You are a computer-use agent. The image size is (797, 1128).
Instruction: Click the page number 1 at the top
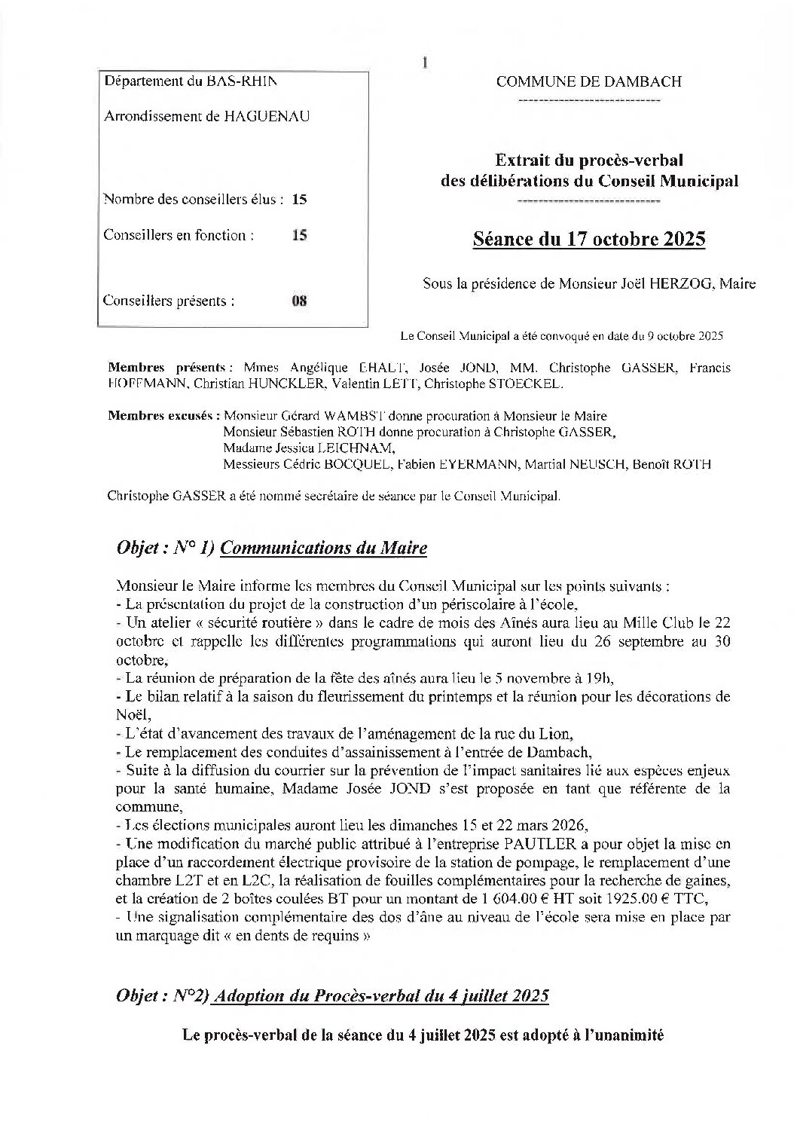(x=425, y=63)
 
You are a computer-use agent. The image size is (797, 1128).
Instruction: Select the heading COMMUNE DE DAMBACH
(x=588, y=81)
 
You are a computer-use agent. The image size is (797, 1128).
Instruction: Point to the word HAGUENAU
(x=267, y=116)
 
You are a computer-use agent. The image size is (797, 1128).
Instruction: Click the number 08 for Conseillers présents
(x=299, y=301)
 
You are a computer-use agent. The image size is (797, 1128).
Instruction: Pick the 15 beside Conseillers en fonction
(x=299, y=235)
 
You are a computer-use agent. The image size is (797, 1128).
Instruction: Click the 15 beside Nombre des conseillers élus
(x=299, y=200)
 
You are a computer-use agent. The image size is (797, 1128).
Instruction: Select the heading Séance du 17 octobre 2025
(x=588, y=240)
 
